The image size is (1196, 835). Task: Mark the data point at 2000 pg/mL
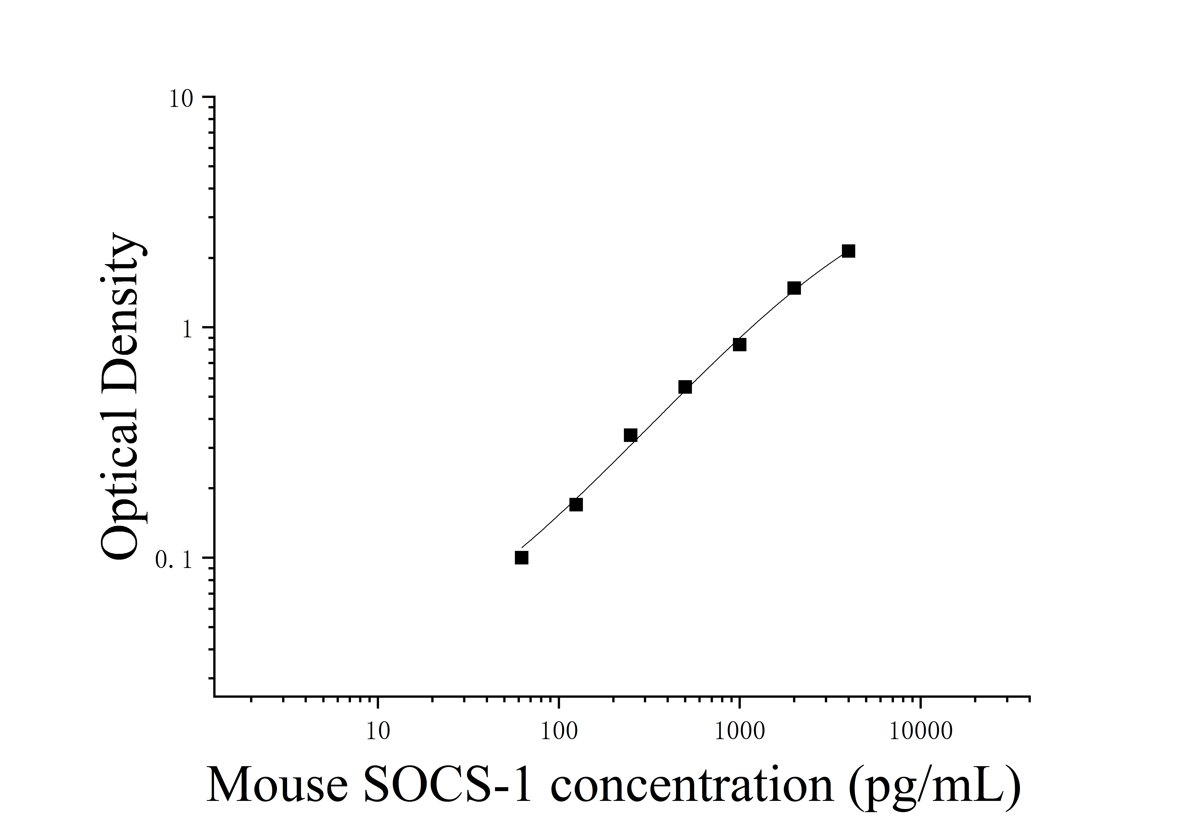tap(794, 288)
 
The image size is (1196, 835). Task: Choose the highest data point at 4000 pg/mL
tap(848, 251)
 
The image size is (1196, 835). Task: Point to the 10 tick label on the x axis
tap(378, 731)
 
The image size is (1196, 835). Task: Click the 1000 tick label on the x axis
tap(739, 731)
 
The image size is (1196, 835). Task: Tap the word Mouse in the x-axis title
tap(277, 786)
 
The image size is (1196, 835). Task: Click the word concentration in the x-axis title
tap(692, 786)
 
